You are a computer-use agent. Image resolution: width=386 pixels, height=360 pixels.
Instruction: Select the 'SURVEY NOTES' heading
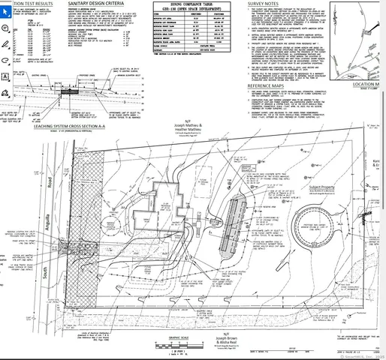click(265, 4)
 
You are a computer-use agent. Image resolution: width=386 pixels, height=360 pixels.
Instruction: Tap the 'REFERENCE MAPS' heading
click(269, 85)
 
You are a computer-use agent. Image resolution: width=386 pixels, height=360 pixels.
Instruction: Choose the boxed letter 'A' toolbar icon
click(5, 76)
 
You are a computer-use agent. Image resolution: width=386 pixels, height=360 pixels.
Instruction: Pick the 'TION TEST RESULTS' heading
click(30, 4)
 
